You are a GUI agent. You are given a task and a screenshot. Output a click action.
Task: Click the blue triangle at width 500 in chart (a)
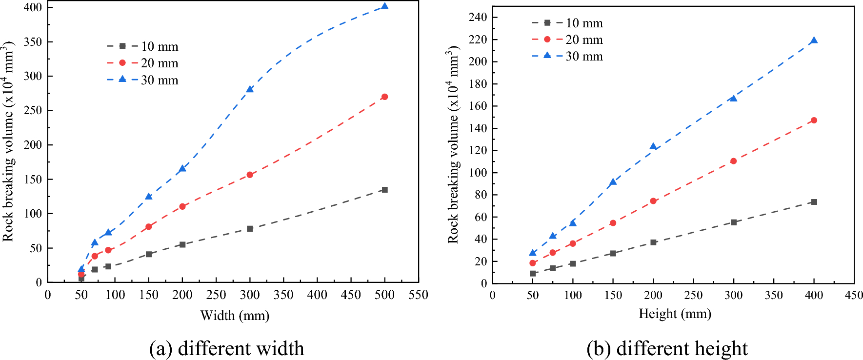tap(384, 6)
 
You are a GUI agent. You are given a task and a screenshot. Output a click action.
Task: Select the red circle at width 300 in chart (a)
tap(250, 175)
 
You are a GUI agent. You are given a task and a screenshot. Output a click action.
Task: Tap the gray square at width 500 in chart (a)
tap(384, 190)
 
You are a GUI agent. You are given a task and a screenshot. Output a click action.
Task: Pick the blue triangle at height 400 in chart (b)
tap(814, 41)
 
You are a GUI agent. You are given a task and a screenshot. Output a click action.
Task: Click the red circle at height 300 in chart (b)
tap(733, 161)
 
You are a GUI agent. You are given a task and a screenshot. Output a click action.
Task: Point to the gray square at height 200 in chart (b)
tap(653, 242)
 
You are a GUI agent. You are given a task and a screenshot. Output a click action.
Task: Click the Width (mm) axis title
tap(235, 316)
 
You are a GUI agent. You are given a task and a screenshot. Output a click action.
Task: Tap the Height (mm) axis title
tap(675, 314)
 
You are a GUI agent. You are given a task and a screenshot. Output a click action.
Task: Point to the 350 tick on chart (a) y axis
tap(33, 42)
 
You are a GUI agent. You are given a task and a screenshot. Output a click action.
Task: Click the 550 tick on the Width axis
tap(418, 295)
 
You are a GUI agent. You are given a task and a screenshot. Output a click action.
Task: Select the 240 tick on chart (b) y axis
tap(477, 18)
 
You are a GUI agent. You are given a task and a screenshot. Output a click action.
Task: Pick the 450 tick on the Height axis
tap(854, 295)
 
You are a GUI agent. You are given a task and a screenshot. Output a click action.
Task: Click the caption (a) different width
tap(226, 348)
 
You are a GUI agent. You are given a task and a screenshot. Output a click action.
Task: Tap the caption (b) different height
tap(667, 348)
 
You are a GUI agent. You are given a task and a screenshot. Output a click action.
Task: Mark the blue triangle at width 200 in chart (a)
tap(182, 168)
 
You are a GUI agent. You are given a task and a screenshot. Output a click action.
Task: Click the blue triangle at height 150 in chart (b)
tap(613, 182)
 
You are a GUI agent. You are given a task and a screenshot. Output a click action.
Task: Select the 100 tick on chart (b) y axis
tap(477, 173)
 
